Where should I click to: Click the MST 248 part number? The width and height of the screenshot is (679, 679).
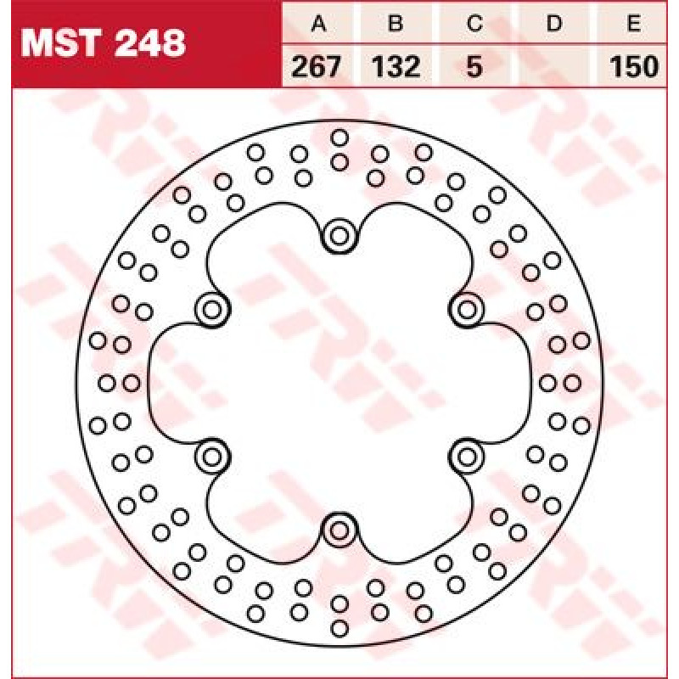104,43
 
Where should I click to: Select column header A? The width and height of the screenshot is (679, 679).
319,23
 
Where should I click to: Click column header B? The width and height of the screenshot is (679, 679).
396,23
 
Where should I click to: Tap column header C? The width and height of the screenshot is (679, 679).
474,23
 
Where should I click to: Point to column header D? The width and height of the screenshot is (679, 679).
554,23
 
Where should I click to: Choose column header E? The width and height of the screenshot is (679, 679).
633,23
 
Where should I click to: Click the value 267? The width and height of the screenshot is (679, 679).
316,67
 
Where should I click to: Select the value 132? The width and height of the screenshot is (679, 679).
396,67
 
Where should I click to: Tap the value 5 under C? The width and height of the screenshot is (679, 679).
474,67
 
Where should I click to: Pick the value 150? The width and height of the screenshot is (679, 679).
634,67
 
